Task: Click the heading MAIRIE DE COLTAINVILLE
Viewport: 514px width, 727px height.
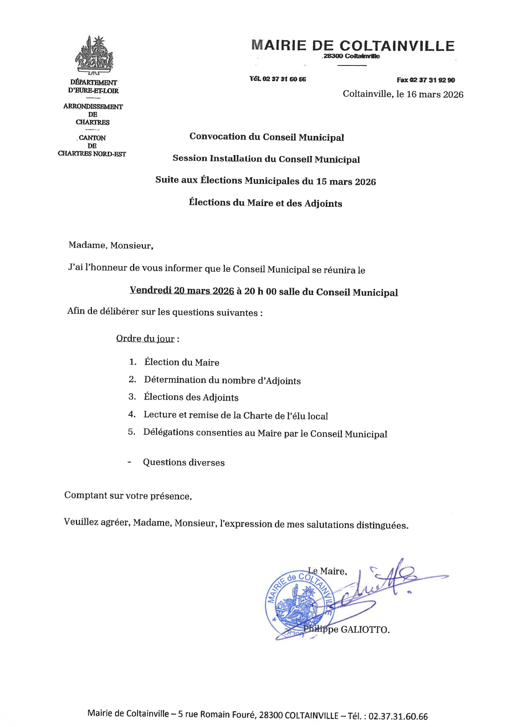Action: (x=353, y=46)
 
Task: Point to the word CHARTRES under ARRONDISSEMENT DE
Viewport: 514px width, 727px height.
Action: (x=92, y=122)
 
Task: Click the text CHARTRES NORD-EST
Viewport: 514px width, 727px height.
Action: (x=92, y=154)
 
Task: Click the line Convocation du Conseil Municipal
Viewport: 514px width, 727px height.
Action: (x=267, y=137)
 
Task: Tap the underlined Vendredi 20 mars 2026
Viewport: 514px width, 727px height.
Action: (x=182, y=291)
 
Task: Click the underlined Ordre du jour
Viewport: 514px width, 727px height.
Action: (x=145, y=339)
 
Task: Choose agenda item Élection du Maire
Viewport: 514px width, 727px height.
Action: (x=182, y=362)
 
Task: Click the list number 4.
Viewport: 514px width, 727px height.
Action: (x=132, y=414)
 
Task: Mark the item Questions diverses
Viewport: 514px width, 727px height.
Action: (x=184, y=463)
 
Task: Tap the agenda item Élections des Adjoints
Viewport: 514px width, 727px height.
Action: (x=191, y=397)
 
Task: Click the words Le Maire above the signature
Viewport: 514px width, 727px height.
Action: (x=327, y=571)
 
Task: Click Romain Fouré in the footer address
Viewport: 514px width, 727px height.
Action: (x=235, y=715)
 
